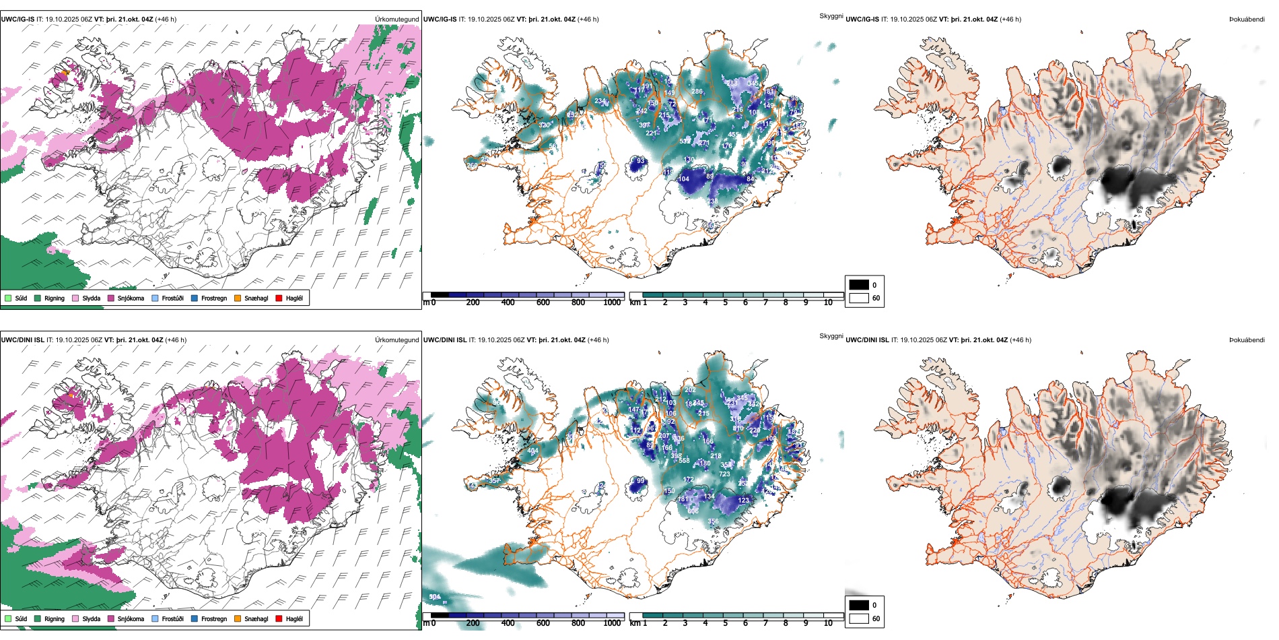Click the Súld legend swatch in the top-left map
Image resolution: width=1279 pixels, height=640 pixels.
(8, 298)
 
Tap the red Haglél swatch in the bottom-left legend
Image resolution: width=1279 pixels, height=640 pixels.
(279, 618)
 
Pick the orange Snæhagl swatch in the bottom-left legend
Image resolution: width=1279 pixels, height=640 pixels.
(238, 618)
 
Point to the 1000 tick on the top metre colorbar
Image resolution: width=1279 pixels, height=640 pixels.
(612, 302)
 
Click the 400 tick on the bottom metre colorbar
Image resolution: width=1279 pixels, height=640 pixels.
(508, 623)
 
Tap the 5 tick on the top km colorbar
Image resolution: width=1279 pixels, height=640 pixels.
(725, 302)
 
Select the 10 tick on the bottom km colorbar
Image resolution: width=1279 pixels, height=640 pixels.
(828, 623)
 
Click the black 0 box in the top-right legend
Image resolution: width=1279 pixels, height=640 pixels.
(859, 285)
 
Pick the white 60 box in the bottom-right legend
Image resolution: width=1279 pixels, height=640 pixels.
(859, 618)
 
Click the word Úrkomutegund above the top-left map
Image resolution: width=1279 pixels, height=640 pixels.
(396, 19)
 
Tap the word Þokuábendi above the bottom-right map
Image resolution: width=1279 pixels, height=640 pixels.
(1247, 340)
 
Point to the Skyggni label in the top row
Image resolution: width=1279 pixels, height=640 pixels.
(831, 15)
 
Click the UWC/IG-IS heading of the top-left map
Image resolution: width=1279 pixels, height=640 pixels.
(18, 19)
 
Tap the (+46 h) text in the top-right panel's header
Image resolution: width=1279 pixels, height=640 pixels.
(1010, 19)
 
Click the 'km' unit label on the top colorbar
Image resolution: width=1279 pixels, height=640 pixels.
(635, 302)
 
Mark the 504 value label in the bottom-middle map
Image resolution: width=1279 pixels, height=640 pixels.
(435, 597)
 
